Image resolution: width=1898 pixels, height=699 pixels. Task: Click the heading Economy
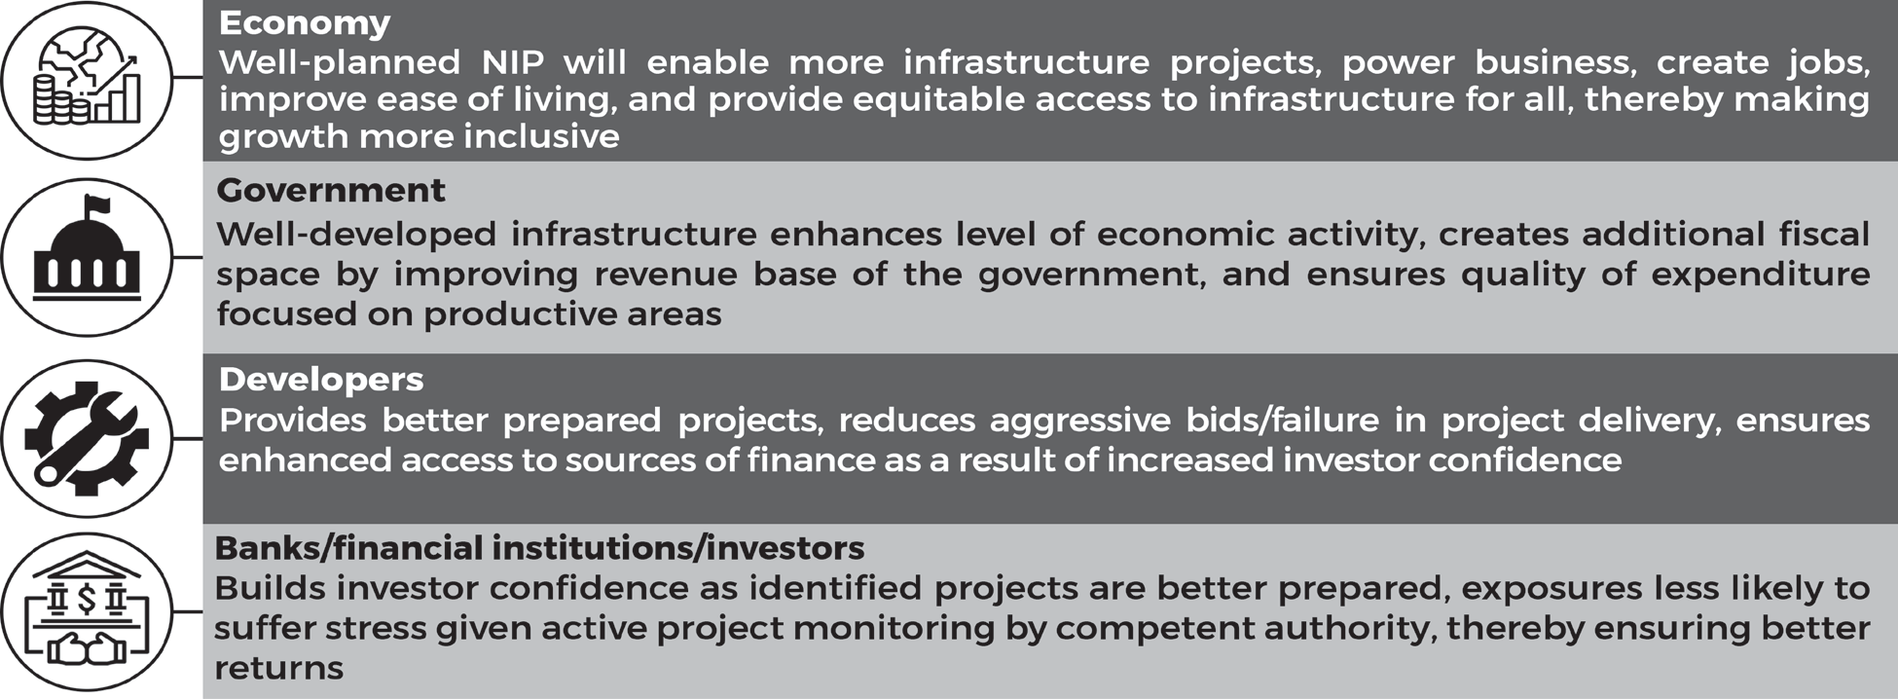pyautogui.click(x=305, y=23)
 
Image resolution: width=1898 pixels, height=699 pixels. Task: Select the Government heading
pyautogui.click(x=331, y=190)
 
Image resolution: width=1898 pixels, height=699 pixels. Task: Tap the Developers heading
pyautogui.click(x=321, y=380)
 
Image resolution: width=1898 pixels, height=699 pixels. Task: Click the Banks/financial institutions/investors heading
pyautogui.click(x=539, y=548)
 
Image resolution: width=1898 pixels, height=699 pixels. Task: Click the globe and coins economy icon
pyautogui.click(x=87, y=79)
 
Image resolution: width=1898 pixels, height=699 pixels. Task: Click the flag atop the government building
pyautogui.click(x=97, y=206)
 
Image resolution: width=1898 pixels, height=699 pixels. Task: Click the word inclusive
pyautogui.click(x=541, y=136)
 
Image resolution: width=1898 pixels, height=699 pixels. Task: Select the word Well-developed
pyautogui.click(x=356, y=235)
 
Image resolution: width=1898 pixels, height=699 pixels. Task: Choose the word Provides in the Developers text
pyautogui.click(x=293, y=421)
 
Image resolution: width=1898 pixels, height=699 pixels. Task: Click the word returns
pyautogui.click(x=279, y=669)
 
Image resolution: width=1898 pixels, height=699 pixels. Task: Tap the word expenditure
pyautogui.click(x=1761, y=276)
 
